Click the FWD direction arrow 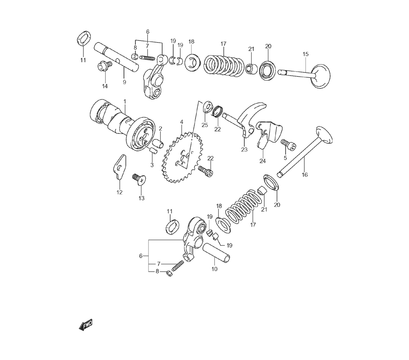pyautogui.click(x=86, y=325)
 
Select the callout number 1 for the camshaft pyautogui.click(x=125, y=101)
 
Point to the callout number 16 pyautogui.click(x=305, y=175)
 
